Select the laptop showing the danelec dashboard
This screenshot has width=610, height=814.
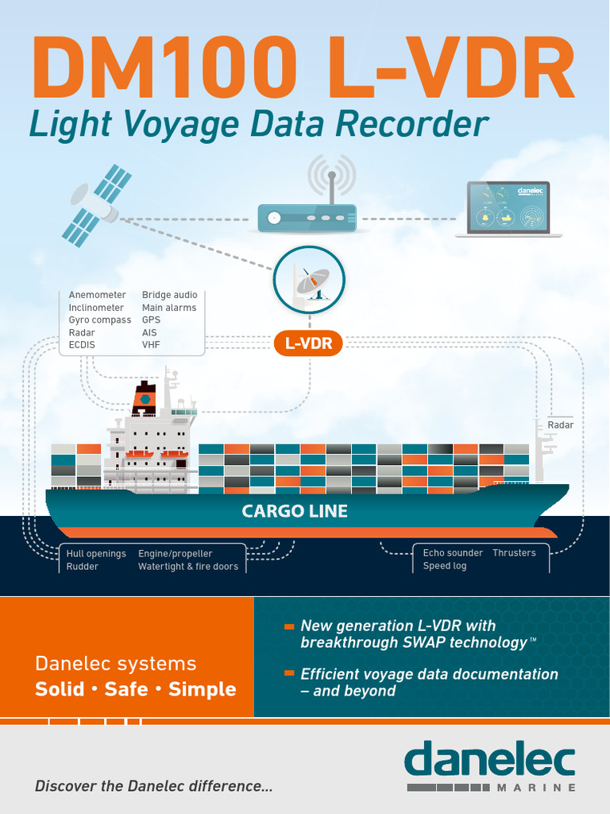point(508,209)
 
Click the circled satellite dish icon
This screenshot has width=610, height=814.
point(309,280)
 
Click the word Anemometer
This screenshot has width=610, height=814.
point(97,295)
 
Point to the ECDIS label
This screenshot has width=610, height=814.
point(82,346)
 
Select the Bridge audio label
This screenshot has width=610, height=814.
point(169,295)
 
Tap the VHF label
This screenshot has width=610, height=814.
point(151,346)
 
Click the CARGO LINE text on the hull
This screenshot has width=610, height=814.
point(295,511)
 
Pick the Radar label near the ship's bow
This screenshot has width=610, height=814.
point(560,425)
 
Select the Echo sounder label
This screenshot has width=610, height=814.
point(453,553)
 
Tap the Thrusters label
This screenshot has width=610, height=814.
point(514,553)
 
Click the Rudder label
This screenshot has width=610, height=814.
point(83,567)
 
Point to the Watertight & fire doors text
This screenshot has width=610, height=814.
point(188,567)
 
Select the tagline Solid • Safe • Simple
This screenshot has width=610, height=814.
point(135,689)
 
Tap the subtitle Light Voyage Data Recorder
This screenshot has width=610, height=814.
point(258,125)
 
